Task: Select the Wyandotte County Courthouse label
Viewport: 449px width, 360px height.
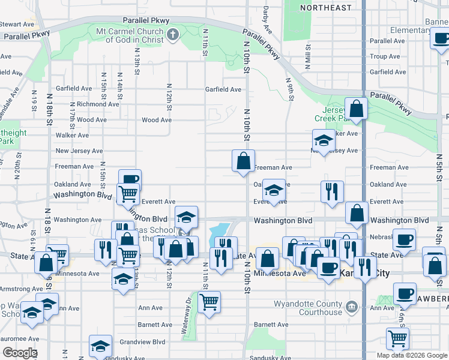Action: (307, 308)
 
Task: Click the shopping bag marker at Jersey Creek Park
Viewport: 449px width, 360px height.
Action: (357, 109)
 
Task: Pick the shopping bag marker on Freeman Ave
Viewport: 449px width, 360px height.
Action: (243, 161)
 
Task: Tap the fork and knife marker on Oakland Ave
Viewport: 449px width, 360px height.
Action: (332, 192)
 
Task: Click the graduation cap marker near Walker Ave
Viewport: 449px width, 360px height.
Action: (323, 141)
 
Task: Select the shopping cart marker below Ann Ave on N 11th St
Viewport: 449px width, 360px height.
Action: (209, 303)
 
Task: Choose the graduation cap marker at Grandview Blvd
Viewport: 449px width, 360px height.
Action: (100, 346)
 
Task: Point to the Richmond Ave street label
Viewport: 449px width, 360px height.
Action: (97, 104)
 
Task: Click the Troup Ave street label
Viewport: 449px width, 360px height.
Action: (384, 56)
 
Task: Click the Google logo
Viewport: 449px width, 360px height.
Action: (20, 353)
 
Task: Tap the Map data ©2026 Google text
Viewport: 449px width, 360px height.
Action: (411, 355)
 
